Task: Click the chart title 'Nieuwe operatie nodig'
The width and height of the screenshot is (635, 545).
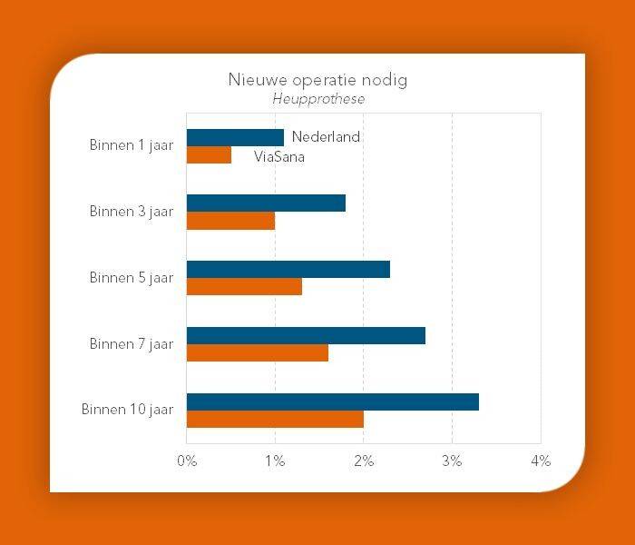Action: (x=317, y=80)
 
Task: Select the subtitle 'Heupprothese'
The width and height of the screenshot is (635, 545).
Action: (x=318, y=99)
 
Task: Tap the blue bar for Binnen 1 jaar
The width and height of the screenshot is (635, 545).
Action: (x=235, y=137)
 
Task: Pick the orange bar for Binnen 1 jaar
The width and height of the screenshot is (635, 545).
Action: (x=209, y=155)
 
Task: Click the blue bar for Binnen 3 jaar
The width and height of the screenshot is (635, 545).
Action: (x=266, y=203)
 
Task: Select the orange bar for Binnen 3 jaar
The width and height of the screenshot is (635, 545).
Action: (x=230, y=221)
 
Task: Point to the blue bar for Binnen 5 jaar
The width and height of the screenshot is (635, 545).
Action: (x=288, y=270)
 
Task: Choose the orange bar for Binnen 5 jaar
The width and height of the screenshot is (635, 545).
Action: (x=244, y=287)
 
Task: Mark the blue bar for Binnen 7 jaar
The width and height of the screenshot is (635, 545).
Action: (x=306, y=336)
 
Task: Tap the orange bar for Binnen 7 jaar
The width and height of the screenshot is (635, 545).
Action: (x=258, y=352)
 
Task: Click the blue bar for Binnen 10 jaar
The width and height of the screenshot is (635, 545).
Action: (x=332, y=401)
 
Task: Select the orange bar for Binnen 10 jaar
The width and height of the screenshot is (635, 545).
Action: (x=275, y=419)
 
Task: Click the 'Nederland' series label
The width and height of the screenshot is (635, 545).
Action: (x=326, y=137)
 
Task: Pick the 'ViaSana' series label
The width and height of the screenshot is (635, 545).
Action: (x=279, y=156)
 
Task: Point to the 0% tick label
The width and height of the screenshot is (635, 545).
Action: (x=187, y=461)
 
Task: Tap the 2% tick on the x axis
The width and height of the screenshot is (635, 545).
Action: (x=364, y=461)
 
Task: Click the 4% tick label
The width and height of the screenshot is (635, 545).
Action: (x=541, y=461)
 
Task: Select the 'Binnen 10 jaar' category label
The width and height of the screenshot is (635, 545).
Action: (x=127, y=410)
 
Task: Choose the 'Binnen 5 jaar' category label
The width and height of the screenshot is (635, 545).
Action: (x=132, y=278)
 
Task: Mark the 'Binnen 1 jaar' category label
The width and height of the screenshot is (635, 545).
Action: (x=132, y=145)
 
